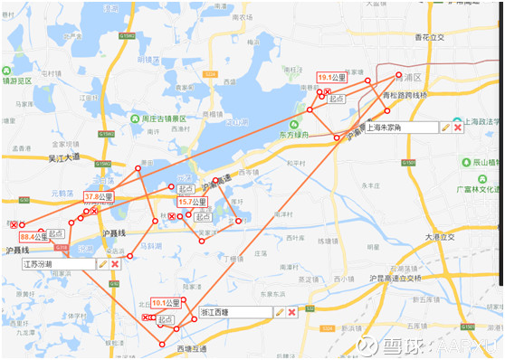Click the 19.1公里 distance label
click(x=332, y=79)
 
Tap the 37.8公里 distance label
click(x=99, y=196)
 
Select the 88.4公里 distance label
click(x=33, y=236)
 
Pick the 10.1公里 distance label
click(x=166, y=303)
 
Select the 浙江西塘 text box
click(x=234, y=312)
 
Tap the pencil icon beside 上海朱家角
click(x=445, y=128)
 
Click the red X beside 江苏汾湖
click(x=115, y=264)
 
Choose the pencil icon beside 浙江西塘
click(x=280, y=312)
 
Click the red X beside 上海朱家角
click(x=458, y=128)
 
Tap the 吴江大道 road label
click(x=63, y=156)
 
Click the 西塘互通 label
click(x=191, y=348)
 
